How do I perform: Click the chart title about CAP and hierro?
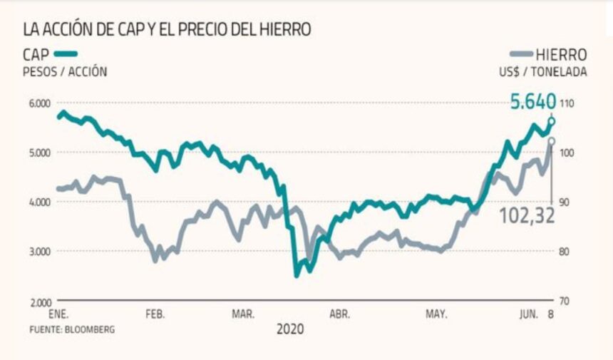167,29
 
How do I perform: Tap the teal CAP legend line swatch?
66,53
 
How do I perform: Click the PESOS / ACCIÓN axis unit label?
66,71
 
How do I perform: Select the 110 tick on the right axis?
567,103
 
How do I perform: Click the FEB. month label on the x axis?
155,314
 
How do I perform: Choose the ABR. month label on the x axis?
339,314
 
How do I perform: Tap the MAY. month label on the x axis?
436,314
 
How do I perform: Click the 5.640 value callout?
532,103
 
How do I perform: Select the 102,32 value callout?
528,215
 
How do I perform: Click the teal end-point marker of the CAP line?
551,120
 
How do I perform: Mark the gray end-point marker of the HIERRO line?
551,140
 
